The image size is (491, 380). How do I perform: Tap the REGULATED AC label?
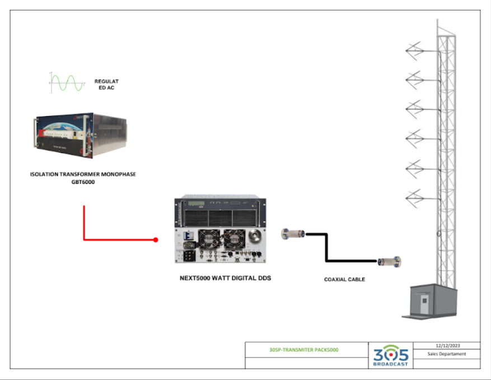[x=106, y=85]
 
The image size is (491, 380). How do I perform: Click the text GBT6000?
[x=82, y=182]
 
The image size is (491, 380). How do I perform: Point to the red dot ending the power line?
[x=156, y=240]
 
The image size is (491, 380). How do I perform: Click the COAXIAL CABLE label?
[x=345, y=279]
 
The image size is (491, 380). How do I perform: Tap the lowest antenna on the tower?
[x=415, y=196]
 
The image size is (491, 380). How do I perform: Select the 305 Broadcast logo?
[x=390, y=355]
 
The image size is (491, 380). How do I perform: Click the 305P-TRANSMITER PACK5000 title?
[x=303, y=350]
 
